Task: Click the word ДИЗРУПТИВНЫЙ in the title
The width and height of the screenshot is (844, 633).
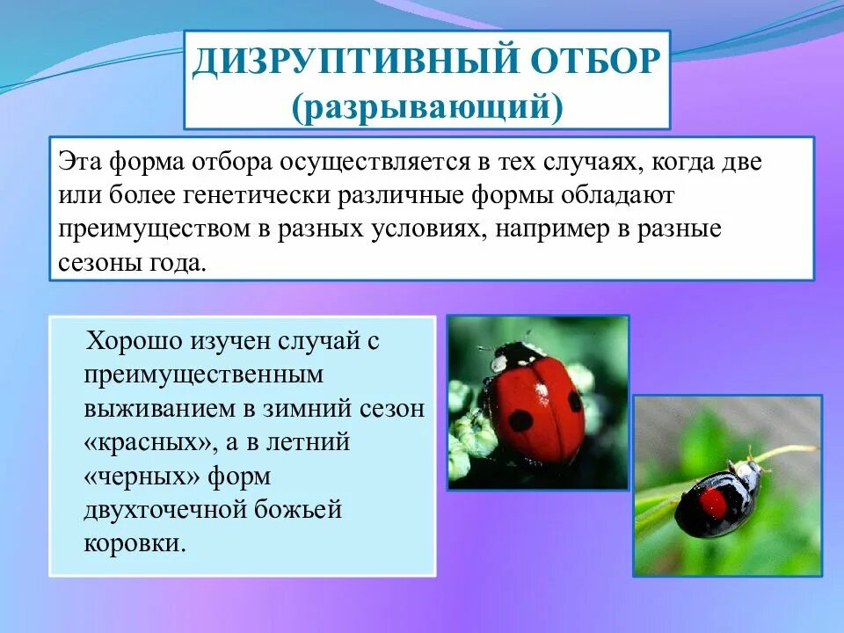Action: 335,63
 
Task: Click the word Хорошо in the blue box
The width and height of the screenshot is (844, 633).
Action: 135,342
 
